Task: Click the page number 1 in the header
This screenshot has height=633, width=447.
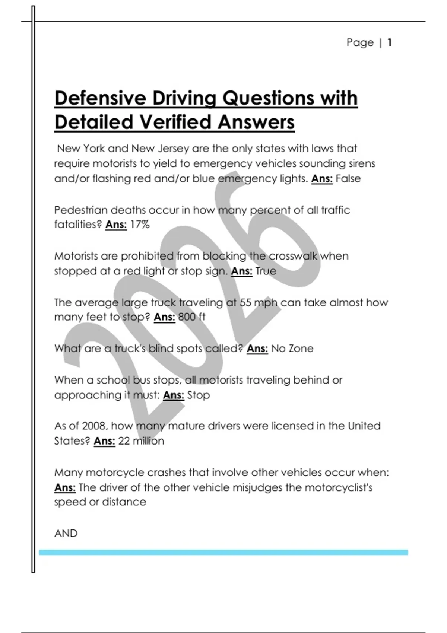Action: (389, 42)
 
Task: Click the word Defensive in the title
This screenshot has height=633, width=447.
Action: (100, 99)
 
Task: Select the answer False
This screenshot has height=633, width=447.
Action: (348, 179)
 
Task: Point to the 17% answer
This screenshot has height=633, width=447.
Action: (140, 225)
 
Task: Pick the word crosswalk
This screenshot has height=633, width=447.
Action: (293, 256)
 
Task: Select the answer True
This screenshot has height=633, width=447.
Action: (266, 271)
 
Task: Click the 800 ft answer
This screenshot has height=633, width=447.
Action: (191, 317)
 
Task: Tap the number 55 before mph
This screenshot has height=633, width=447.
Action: (245, 302)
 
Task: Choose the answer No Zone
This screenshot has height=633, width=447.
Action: (292, 349)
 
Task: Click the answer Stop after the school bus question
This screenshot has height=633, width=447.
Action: (198, 395)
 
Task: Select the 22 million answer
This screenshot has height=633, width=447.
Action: (141, 441)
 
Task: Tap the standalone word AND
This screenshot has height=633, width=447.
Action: (66, 534)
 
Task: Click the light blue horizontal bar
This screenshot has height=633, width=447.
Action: (223, 552)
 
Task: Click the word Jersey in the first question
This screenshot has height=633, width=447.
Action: (173, 149)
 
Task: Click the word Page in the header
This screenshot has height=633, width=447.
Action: (360, 42)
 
